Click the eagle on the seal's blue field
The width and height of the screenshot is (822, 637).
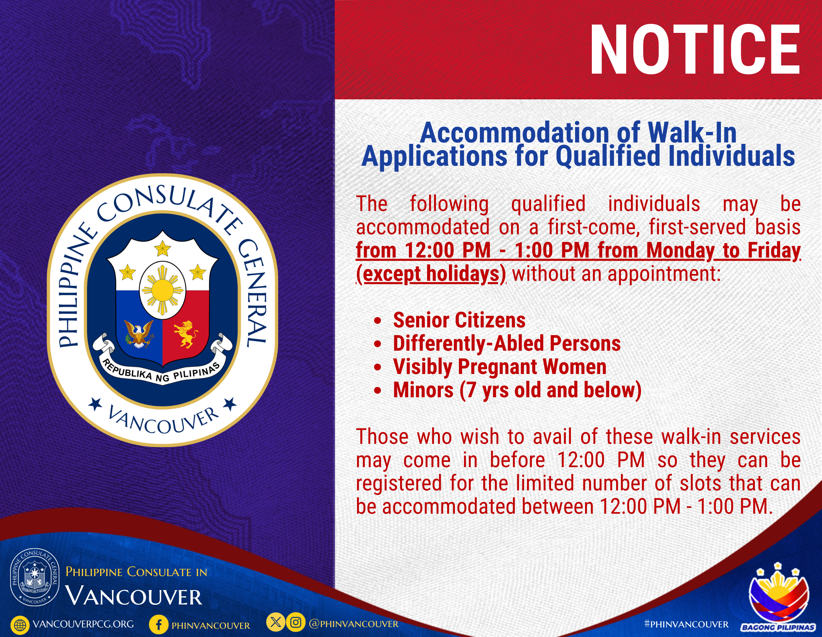[x=139, y=333]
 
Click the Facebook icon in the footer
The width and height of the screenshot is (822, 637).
[x=159, y=625]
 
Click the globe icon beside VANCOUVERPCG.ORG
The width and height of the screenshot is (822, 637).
[x=20, y=625]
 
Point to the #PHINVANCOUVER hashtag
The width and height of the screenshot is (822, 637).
[x=686, y=624]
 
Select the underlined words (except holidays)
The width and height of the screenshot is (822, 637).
[x=431, y=274]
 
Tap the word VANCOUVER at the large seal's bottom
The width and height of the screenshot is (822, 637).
[x=163, y=420]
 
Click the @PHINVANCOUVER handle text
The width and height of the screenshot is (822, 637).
[x=353, y=624]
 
